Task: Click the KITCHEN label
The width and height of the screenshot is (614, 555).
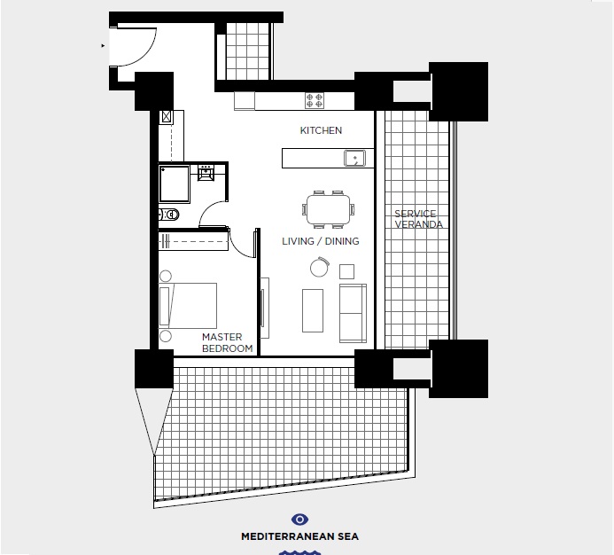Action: click(321, 130)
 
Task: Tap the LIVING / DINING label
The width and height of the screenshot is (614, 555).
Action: click(321, 241)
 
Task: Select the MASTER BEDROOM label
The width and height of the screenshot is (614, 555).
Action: click(222, 342)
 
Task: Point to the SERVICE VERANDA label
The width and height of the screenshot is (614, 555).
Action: click(418, 219)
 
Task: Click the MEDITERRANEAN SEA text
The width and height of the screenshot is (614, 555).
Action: click(299, 536)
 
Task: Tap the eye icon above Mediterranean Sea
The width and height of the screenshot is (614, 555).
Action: click(299, 520)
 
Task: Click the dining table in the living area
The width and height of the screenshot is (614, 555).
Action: click(328, 209)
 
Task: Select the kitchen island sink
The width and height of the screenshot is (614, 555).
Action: click(355, 159)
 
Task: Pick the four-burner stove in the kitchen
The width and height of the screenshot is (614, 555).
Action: click(315, 99)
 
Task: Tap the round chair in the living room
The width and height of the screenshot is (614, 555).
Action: click(319, 267)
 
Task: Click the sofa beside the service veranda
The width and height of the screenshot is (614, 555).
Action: click(353, 313)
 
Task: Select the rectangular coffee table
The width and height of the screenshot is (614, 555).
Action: click(313, 310)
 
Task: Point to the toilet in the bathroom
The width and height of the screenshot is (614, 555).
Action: click(168, 214)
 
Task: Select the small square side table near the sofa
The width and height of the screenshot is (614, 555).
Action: click(347, 271)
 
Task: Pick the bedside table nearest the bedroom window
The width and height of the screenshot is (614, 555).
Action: click(166, 336)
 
